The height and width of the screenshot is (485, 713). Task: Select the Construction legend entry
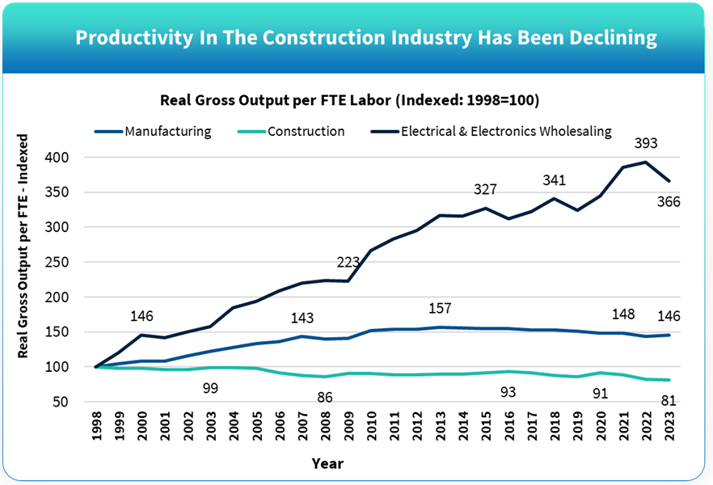tap(306, 131)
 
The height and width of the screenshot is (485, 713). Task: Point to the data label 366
tap(669, 202)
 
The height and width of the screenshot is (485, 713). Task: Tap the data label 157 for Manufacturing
tap(440, 309)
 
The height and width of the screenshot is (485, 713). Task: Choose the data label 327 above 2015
tap(485, 189)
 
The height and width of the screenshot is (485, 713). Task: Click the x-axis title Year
tap(327, 463)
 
